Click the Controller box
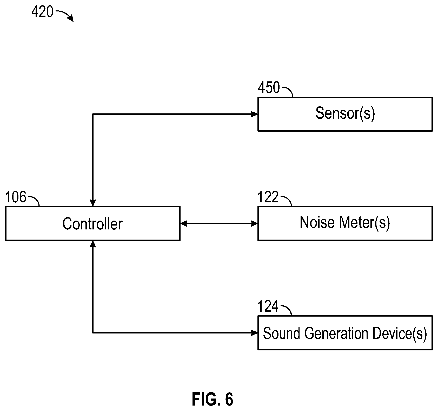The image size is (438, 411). pos(93,223)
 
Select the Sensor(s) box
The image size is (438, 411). pos(345,114)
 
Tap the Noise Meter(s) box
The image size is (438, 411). pos(345,223)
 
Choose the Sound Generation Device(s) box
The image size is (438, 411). pos(345,333)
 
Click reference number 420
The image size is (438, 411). pos(42,12)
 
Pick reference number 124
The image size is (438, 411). pos(268,306)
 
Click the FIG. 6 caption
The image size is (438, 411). pos(213,399)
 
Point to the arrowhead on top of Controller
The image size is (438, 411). pos(93,203)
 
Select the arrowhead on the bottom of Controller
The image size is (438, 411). pos(93,243)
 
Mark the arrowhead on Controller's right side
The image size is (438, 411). pos(184,223)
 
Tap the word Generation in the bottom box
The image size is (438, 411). pos(336,333)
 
